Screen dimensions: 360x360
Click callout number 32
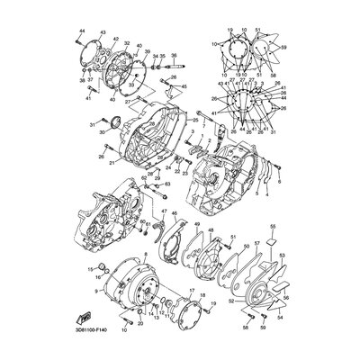click(x=127, y=43)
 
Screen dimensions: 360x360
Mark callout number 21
click(x=112, y=162)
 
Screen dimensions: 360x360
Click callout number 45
click(x=184, y=85)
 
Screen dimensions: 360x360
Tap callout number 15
click(x=90, y=268)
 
